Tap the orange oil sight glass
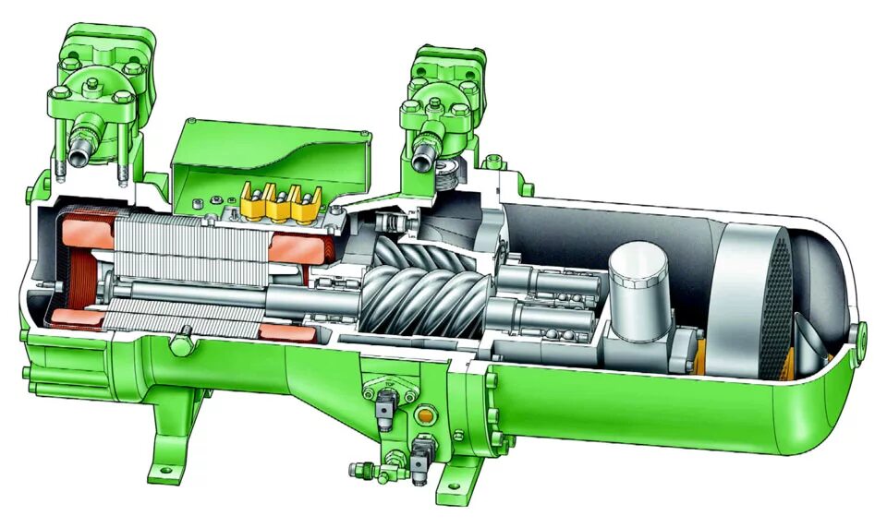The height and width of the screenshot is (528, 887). pos(425,415)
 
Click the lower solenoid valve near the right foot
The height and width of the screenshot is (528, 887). pos(420,453)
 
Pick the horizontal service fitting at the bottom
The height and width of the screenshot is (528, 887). pos(365,470)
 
